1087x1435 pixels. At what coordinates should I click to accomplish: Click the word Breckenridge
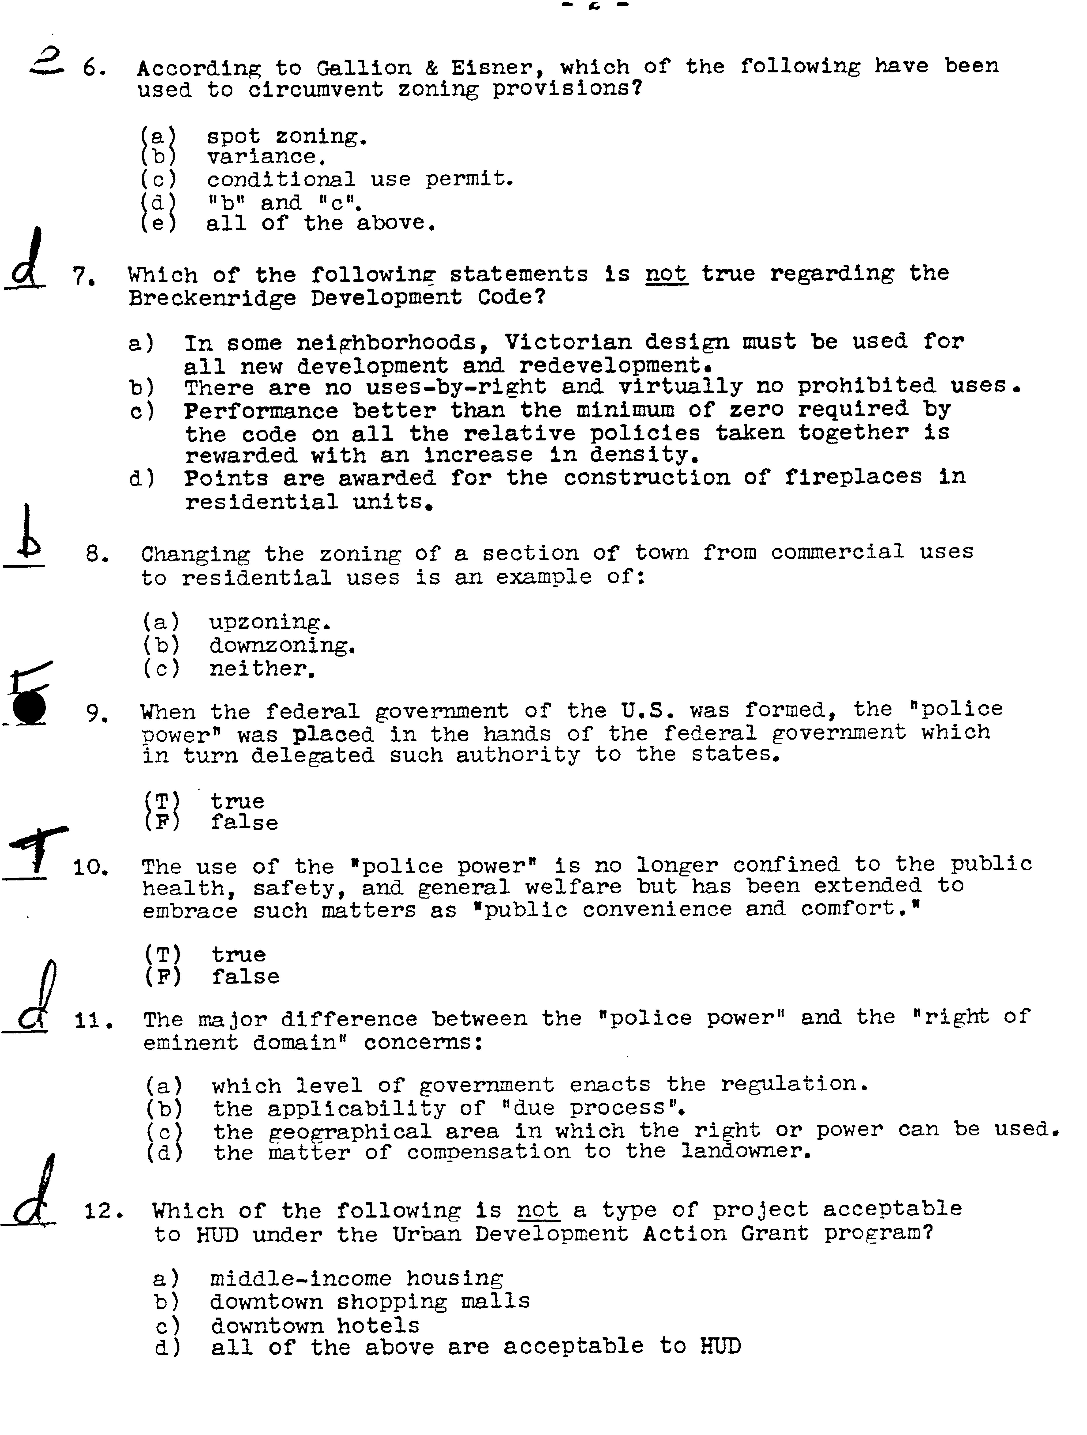pyautogui.click(x=211, y=298)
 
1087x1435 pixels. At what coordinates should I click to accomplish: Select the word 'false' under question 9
pyautogui.click(x=244, y=823)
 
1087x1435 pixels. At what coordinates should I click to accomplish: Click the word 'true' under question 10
pyautogui.click(x=238, y=954)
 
